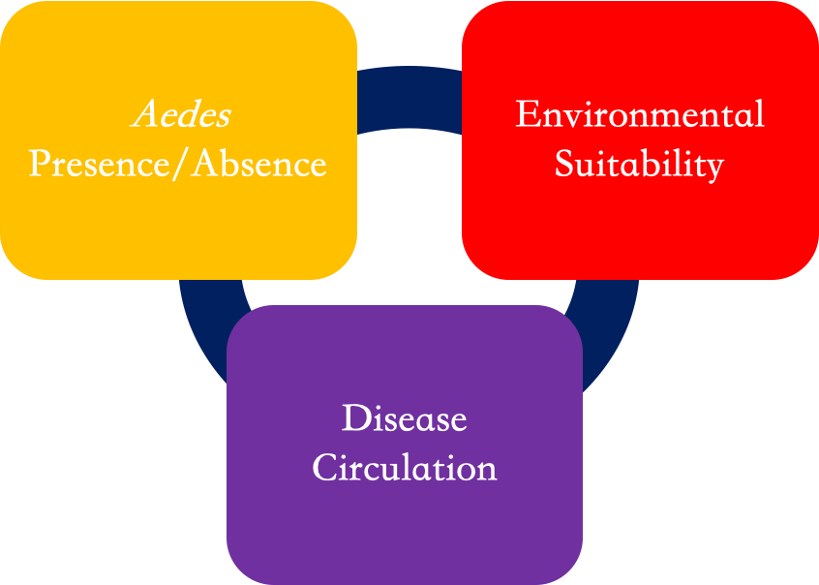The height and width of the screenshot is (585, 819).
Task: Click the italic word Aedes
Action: pos(181,114)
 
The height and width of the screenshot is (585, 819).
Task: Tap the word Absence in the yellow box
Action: pos(259,164)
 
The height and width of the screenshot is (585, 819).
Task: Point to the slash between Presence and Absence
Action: pos(181,164)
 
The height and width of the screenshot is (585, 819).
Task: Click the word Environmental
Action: pos(640,113)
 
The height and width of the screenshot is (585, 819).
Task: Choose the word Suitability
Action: pos(639,165)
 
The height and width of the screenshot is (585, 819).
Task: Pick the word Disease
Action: pos(405,418)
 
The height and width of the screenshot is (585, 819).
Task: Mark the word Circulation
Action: pos(405,467)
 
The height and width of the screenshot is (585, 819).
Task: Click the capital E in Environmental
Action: pos(527,113)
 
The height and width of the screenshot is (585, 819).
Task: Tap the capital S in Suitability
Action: pos(563,164)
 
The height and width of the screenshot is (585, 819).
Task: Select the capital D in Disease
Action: pos(355,418)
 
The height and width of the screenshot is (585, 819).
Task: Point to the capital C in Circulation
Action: pos(324,467)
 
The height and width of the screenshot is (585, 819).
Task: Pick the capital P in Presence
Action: pos(40,164)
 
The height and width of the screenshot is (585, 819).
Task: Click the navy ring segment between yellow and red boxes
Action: pos(409,97)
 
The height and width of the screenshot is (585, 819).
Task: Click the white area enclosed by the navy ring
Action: pos(409,220)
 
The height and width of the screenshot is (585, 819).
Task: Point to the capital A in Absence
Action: pos(204,164)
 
